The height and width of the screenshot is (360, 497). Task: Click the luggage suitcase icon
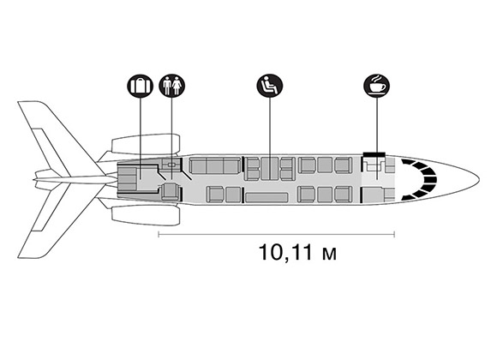point(140,86)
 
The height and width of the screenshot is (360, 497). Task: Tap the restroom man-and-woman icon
point(171,86)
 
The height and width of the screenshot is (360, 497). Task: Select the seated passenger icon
point(270,86)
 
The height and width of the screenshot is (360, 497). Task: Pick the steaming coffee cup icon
point(377,86)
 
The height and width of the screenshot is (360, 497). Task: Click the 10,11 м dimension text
point(298,253)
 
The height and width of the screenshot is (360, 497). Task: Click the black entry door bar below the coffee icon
point(374,154)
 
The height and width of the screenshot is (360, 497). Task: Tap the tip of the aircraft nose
point(479,180)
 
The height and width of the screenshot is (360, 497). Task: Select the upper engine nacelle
point(146,143)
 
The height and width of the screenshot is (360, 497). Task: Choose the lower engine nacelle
point(146,216)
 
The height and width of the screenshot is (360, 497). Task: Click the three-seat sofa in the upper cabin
point(214,165)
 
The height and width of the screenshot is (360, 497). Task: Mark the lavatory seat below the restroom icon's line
point(171,192)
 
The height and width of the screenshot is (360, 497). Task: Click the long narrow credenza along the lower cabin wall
point(266,197)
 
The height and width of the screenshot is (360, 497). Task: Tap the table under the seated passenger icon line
point(270,169)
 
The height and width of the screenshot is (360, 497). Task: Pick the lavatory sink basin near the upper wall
point(171,165)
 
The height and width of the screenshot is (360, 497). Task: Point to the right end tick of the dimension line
point(394,234)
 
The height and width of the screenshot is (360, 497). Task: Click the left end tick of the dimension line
point(159,234)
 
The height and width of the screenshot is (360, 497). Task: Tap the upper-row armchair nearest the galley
point(344,165)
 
